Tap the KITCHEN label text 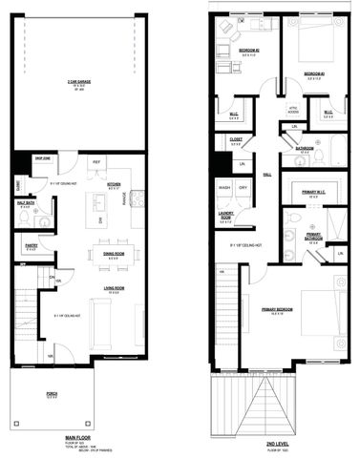pos(113,184)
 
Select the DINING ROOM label pos(113,255)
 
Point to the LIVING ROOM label pos(112,287)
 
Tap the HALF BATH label pos(29,201)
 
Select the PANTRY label pos(31,245)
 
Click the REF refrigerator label pos(96,162)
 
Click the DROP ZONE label pos(41,158)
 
